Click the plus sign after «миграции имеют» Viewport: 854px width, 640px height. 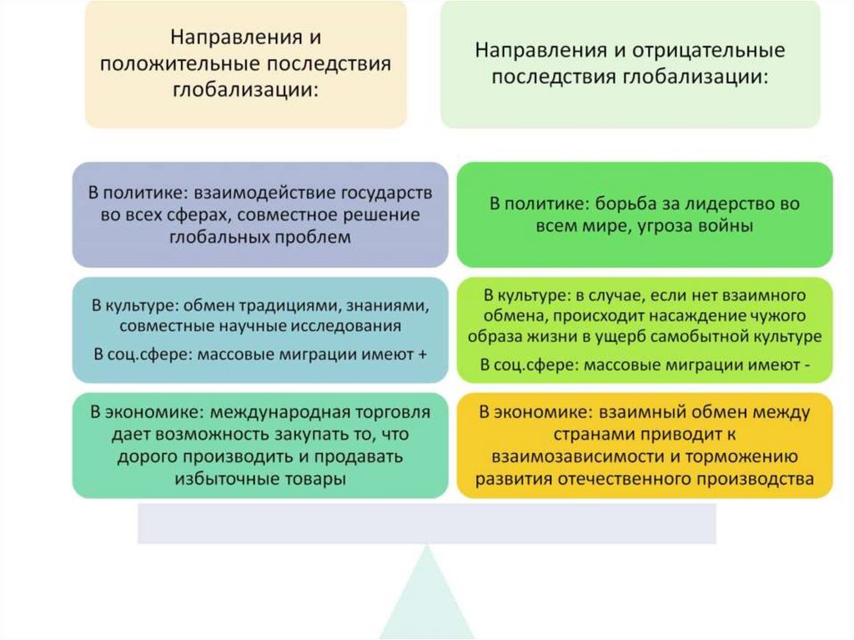pyautogui.click(x=422, y=354)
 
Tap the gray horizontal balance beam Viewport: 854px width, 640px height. pyautogui.click(x=426, y=523)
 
